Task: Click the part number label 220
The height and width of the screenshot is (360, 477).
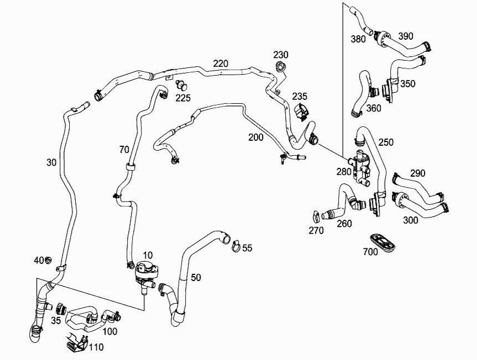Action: tap(220, 63)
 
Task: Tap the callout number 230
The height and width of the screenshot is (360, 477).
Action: tap(281, 55)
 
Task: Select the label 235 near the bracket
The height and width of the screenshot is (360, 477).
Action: tap(300, 96)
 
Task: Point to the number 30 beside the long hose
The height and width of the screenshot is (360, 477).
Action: tap(51, 162)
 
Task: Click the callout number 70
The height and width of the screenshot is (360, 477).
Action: tap(124, 150)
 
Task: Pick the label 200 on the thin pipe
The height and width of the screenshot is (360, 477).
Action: tap(256, 137)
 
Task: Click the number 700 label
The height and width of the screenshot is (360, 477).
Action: tap(370, 252)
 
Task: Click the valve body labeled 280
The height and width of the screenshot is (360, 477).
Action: tap(360, 165)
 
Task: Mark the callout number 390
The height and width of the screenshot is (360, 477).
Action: tap(405, 36)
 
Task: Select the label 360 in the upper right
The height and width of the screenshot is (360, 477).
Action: tap(374, 108)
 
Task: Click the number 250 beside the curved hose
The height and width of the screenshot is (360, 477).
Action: tap(386, 142)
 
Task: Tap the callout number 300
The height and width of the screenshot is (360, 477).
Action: tap(410, 220)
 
